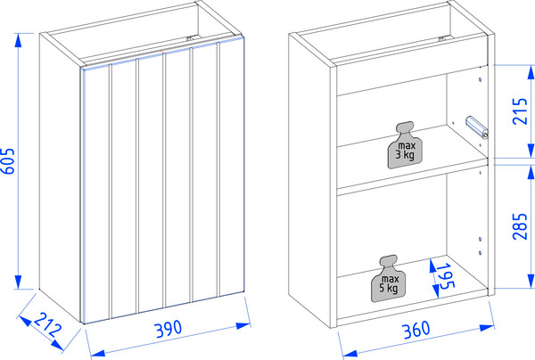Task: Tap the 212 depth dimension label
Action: (x=48, y=324)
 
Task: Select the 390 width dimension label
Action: (x=169, y=329)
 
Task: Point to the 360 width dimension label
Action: (x=416, y=330)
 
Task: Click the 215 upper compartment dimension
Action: (x=520, y=111)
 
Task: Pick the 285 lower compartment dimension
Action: (x=520, y=226)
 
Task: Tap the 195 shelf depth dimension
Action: (x=446, y=275)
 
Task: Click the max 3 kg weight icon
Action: (x=405, y=145)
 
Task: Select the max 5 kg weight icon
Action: (x=388, y=279)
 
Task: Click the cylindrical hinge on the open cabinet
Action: (x=477, y=127)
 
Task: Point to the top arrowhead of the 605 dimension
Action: (x=19, y=40)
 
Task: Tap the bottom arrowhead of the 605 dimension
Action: (x=19, y=282)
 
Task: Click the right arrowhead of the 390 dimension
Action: (x=243, y=325)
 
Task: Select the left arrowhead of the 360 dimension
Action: (x=350, y=354)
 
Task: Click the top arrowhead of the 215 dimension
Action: (x=531, y=72)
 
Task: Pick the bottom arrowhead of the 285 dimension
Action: (x=531, y=281)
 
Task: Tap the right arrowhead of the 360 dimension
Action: (x=487, y=328)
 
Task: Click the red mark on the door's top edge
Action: (x=163, y=53)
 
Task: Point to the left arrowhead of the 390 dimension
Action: (x=99, y=353)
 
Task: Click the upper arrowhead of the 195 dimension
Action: (x=432, y=266)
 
